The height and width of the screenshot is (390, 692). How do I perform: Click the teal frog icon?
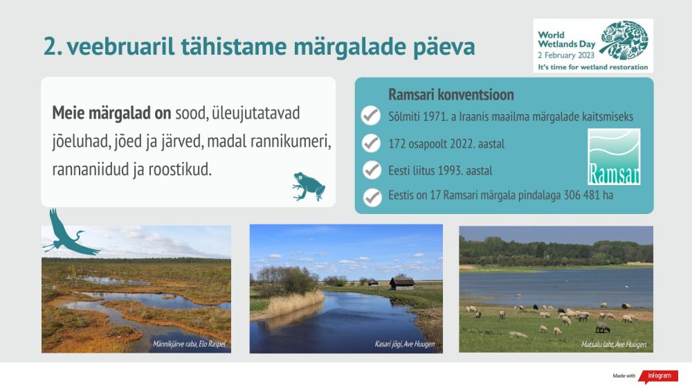click(x=309, y=186)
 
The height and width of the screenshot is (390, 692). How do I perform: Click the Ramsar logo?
click(x=614, y=157)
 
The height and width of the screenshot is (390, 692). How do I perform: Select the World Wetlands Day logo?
click(x=593, y=46)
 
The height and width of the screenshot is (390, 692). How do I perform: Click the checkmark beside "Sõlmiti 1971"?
click(x=371, y=116)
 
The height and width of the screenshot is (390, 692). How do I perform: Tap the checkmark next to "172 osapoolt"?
click(x=371, y=143)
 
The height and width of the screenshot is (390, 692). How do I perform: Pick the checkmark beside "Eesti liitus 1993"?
click(x=372, y=170)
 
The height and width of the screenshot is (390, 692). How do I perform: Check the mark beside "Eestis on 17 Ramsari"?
click(x=372, y=197)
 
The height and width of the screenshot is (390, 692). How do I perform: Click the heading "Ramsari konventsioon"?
click(x=451, y=94)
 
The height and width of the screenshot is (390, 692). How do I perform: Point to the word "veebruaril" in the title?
click(x=121, y=46)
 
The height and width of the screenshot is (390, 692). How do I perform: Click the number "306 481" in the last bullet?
click(x=582, y=195)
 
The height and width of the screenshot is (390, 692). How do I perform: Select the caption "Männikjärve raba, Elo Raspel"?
click(x=190, y=344)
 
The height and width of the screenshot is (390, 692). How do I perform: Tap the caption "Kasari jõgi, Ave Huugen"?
click(x=405, y=344)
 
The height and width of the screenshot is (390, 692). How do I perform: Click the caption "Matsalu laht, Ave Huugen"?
click(x=613, y=344)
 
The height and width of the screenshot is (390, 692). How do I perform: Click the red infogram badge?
click(x=659, y=376)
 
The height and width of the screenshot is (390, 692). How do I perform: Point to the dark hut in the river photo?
click(x=401, y=283)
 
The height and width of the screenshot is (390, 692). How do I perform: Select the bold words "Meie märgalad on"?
click(x=111, y=113)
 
